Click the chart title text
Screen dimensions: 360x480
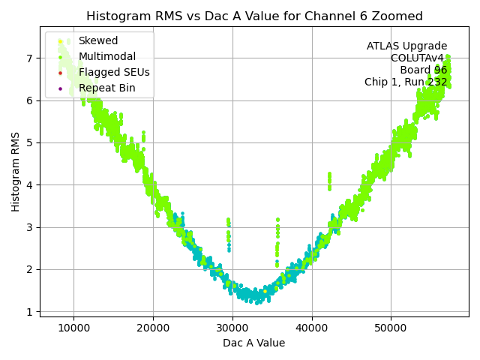tap(254, 16)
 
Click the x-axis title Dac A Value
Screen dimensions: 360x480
tap(253, 343)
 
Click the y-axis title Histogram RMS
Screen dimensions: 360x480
tap(16, 171)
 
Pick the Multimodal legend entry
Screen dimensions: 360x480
tap(106, 57)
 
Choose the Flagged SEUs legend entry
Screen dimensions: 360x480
tap(114, 73)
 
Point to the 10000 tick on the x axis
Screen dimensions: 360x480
tap(73, 327)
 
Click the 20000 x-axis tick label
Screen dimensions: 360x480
tap(153, 327)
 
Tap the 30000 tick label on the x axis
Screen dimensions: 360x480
tap(232, 327)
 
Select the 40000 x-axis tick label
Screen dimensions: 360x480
tap(312, 327)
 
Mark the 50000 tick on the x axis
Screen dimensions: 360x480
tap(391, 327)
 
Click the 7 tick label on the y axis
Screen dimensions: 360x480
tap(29, 58)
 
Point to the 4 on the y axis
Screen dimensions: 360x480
tap(29, 185)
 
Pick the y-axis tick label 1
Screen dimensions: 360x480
tap(29, 312)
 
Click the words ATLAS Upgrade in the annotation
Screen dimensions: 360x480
tap(406, 46)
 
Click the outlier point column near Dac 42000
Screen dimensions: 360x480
tap(329, 181)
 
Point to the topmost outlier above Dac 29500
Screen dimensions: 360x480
tap(228, 220)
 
